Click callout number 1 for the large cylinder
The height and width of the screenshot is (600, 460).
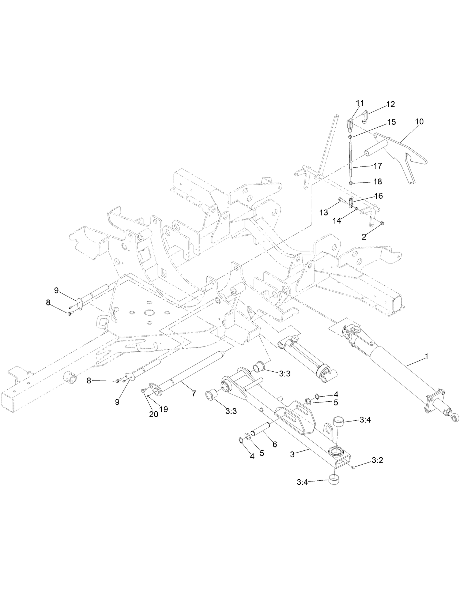pyautogui.click(x=426, y=356)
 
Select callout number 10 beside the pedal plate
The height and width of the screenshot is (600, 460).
pyautogui.click(x=419, y=121)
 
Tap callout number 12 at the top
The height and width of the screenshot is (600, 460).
pyautogui.click(x=391, y=104)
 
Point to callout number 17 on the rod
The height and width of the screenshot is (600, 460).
pyautogui.click(x=378, y=166)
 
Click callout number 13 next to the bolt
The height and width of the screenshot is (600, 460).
pyautogui.click(x=324, y=213)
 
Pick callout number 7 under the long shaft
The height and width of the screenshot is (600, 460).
pyautogui.click(x=194, y=394)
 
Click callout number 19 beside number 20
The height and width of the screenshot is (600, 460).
pyautogui.click(x=163, y=409)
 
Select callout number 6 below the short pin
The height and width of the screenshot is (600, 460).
pyautogui.click(x=275, y=444)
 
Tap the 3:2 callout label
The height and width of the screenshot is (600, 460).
pyautogui.click(x=377, y=460)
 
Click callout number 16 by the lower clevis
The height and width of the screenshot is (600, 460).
pyautogui.click(x=378, y=196)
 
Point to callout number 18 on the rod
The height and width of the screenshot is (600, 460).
pyautogui.click(x=378, y=181)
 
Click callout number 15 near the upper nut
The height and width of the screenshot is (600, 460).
pyautogui.click(x=391, y=122)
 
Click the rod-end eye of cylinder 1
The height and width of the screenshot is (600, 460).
pyautogui.click(x=455, y=419)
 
